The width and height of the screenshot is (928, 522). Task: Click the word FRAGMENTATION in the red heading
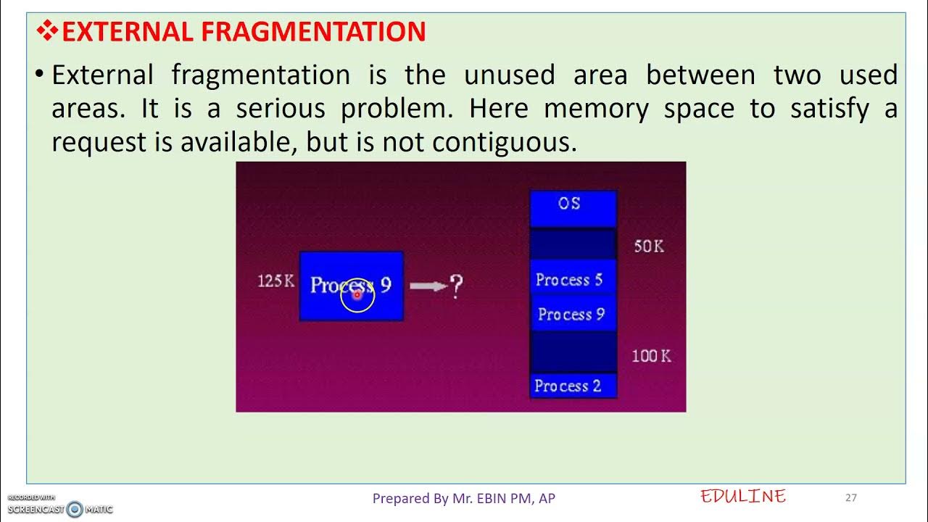click(x=314, y=32)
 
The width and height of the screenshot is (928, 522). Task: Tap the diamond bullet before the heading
click(x=48, y=31)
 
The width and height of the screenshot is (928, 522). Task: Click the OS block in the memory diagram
click(x=572, y=205)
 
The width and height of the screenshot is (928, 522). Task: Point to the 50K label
click(x=649, y=246)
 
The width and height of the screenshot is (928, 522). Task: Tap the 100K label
click(x=651, y=356)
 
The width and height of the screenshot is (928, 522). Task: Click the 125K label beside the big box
click(x=276, y=281)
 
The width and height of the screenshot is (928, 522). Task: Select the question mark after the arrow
click(x=456, y=287)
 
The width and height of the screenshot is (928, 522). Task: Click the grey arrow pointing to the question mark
click(x=428, y=286)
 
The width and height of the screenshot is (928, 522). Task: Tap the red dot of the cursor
click(x=357, y=295)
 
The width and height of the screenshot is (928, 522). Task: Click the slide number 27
click(x=851, y=497)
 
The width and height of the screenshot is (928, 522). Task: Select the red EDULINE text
click(x=743, y=497)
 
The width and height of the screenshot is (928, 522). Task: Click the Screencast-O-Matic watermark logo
click(x=75, y=509)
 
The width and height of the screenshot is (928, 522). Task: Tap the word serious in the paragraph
click(x=281, y=109)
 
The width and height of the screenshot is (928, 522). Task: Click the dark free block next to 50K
click(x=572, y=245)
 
